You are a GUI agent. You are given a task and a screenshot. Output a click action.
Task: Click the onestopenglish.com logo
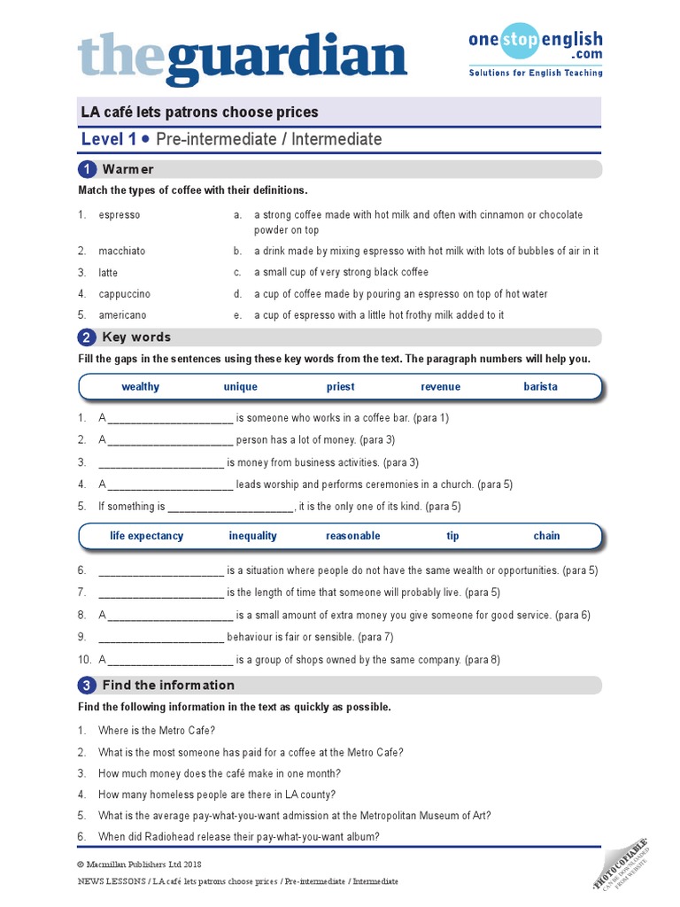pyautogui.click(x=536, y=50)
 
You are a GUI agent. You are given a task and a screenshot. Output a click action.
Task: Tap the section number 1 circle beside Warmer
pyautogui.click(x=87, y=169)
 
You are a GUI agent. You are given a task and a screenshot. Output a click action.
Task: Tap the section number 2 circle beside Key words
pyautogui.click(x=87, y=337)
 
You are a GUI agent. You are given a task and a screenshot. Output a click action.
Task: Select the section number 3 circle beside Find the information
pyautogui.click(x=87, y=686)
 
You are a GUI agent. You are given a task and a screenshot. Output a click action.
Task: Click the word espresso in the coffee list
pyautogui.click(x=120, y=215)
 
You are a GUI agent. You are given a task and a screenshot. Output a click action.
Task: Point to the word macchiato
pyautogui.click(x=122, y=251)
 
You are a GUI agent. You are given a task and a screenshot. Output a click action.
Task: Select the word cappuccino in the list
pyautogui.click(x=125, y=294)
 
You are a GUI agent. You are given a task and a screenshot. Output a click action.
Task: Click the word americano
pyautogui.click(x=123, y=315)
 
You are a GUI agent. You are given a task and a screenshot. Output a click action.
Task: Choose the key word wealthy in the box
pyautogui.click(x=141, y=387)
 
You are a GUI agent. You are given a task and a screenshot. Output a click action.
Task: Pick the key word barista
pyautogui.click(x=540, y=387)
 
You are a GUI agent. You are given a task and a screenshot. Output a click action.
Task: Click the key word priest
pyautogui.click(x=340, y=387)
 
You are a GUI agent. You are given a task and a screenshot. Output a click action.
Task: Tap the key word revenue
pyautogui.click(x=440, y=387)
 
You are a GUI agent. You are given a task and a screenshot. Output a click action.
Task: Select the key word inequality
pyautogui.click(x=252, y=536)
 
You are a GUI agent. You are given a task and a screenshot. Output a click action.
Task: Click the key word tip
pyautogui.click(x=452, y=536)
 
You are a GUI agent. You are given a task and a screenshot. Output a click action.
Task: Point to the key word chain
pyautogui.click(x=546, y=536)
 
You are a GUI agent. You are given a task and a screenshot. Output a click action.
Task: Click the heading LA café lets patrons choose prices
pyautogui.click(x=199, y=112)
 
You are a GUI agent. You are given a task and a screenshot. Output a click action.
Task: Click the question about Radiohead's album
pyautogui.click(x=239, y=837)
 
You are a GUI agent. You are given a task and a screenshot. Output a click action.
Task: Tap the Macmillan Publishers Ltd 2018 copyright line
pyautogui.click(x=139, y=864)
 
